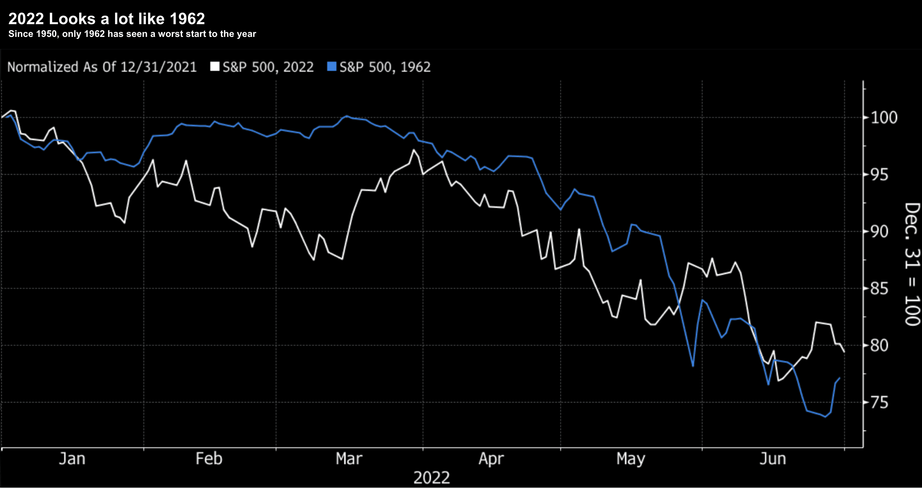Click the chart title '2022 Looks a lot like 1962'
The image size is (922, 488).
[x=106, y=19]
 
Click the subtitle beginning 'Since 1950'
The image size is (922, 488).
[x=132, y=34]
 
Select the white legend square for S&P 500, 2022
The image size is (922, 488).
[x=215, y=67]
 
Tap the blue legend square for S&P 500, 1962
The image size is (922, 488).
[x=332, y=67]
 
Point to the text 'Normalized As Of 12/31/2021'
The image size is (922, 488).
[x=102, y=67]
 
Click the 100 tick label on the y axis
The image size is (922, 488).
[x=884, y=118]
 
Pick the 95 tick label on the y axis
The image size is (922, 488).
[x=879, y=175]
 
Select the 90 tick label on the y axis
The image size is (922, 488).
[x=879, y=232]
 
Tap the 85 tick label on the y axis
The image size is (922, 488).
[x=879, y=289]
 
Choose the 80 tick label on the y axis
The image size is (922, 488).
[x=879, y=346]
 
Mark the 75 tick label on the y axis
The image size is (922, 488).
[x=879, y=403]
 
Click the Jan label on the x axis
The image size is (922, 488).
[x=72, y=458]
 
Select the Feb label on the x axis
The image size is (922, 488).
[x=209, y=458]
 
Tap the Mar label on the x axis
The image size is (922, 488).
[x=349, y=458]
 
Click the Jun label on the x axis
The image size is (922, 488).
[x=773, y=458]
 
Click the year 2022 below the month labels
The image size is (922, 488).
[x=431, y=478]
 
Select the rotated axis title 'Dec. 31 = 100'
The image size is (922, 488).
[x=912, y=264]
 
